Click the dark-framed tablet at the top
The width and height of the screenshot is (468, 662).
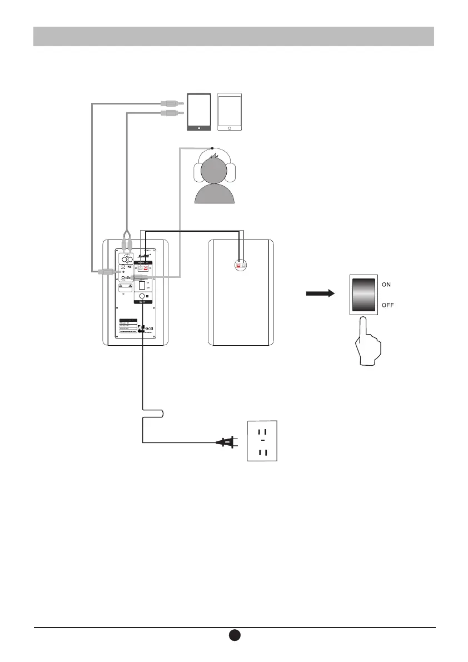pyautogui.click(x=200, y=112)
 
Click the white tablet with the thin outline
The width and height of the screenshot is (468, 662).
pyautogui.click(x=230, y=112)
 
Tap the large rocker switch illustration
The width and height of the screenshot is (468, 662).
pyautogui.click(x=365, y=295)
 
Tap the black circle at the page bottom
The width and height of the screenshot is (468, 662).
pyautogui.click(x=234, y=635)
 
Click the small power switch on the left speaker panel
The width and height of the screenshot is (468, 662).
pyautogui.click(x=142, y=286)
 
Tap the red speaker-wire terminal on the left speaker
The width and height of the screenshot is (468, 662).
pyautogui.click(x=146, y=268)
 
